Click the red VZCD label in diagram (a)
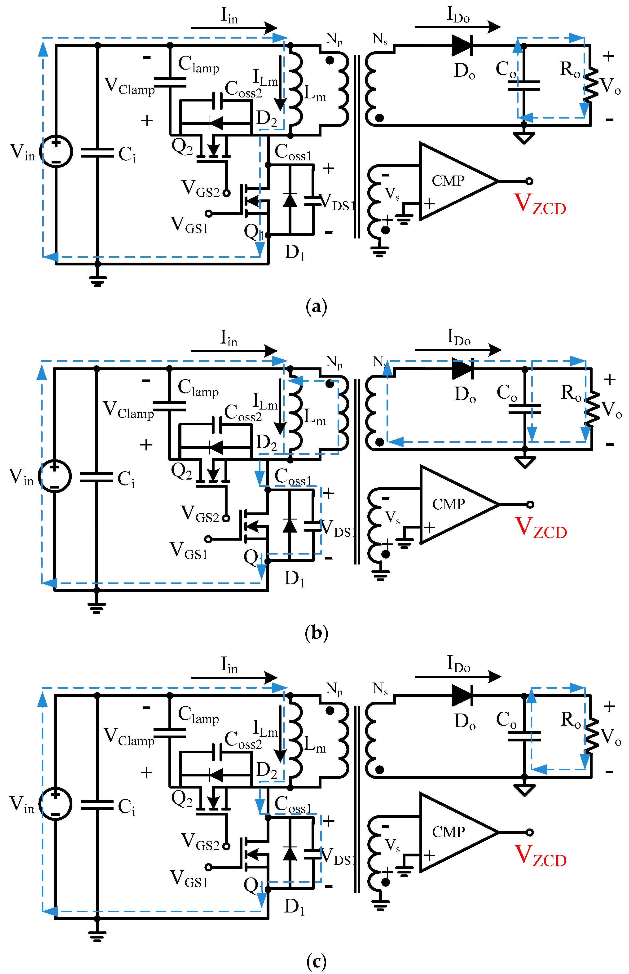tap(540, 204)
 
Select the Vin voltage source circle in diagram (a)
tap(56, 151)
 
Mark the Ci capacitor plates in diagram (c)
tap(97, 805)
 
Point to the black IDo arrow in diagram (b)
tap(457, 350)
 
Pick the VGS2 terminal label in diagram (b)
tap(200, 514)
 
